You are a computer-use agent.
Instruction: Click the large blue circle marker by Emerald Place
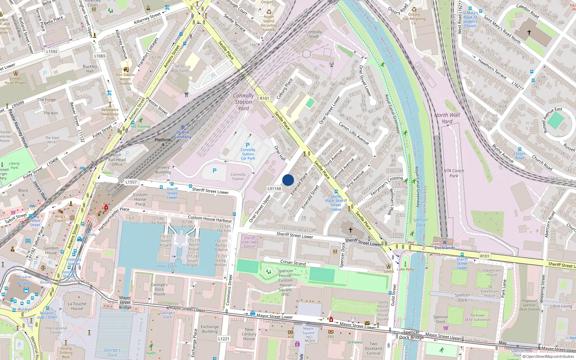288,180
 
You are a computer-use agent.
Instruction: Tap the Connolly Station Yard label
243,102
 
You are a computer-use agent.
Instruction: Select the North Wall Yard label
447,118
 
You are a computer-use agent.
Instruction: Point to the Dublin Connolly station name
183,135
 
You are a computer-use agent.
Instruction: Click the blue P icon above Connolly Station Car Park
248,145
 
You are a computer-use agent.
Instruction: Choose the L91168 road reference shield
274,189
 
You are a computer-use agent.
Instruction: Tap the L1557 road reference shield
131,182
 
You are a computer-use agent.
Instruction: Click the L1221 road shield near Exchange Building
224,339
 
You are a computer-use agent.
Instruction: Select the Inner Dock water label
167,266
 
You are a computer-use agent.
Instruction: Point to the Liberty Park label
14,165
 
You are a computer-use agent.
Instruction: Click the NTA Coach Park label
454,173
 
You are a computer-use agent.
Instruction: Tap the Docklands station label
445,248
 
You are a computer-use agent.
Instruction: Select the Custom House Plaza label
140,199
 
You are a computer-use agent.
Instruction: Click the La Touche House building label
77,306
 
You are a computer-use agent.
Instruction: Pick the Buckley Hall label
90,68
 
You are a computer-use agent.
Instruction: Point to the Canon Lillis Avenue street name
354,133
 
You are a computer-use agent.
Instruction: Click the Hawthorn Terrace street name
492,69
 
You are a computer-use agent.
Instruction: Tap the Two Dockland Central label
373,348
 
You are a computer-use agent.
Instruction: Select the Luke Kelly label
405,269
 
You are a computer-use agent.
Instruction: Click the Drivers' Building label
163,170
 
